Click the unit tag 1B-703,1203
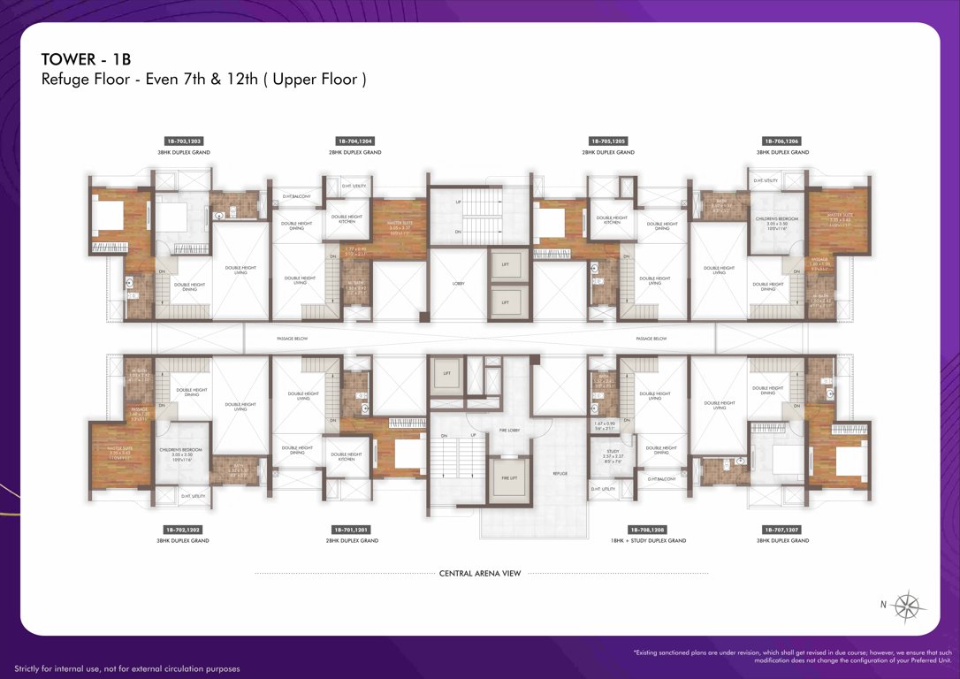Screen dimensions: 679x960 pos(184,141)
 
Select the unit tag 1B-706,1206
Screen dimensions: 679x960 pos(781,141)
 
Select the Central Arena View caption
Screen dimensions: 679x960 pos(480,573)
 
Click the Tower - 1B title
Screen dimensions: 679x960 pos(85,59)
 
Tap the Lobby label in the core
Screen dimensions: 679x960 pos(459,284)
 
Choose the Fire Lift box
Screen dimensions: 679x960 pos(507,477)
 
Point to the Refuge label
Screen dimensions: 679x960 pos(560,474)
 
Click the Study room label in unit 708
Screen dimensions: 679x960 pos(606,454)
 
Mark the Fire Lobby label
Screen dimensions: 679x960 pos(507,430)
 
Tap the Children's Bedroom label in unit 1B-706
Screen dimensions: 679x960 pos(776,220)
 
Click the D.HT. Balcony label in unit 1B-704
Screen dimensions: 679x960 pos(296,196)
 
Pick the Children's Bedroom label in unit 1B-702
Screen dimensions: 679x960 pos(181,452)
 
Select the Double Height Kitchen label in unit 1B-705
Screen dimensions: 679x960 pos(612,219)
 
